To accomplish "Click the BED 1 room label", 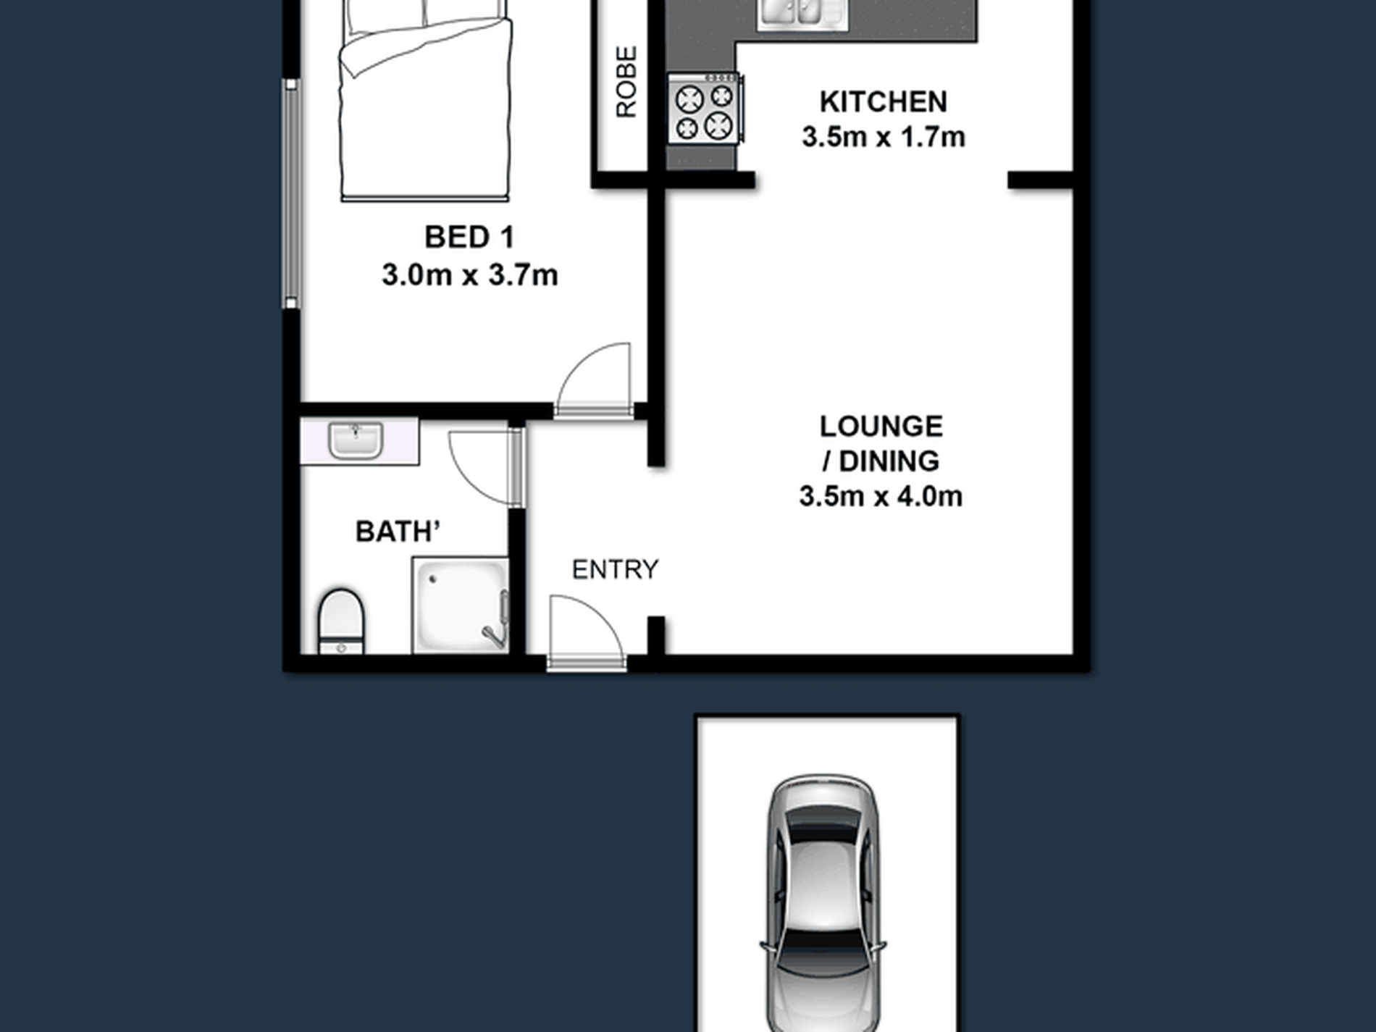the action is click(469, 238).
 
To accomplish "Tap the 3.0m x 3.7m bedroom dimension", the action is click(470, 275).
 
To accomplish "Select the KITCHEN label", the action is click(884, 102).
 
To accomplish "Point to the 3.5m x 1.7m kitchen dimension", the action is click(884, 137).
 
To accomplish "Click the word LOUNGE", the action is click(881, 427).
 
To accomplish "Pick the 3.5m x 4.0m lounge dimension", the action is click(881, 497).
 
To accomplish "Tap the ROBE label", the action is click(626, 82).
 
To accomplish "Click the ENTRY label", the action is click(616, 570).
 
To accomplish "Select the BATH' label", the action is click(398, 532).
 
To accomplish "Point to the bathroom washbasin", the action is click(356, 440).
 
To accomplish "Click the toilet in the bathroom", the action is click(341, 621).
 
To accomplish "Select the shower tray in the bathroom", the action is click(461, 605).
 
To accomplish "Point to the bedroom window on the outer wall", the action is click(290, 194).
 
